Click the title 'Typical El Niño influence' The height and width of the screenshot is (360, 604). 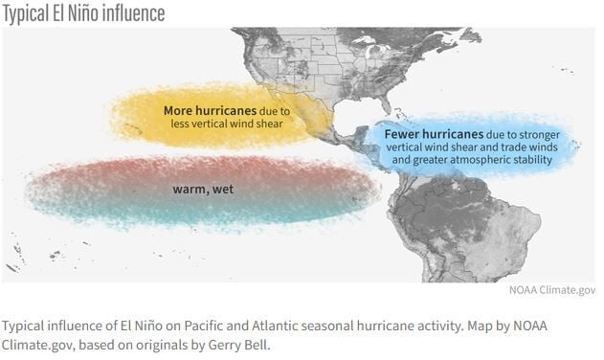click(83, 13)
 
